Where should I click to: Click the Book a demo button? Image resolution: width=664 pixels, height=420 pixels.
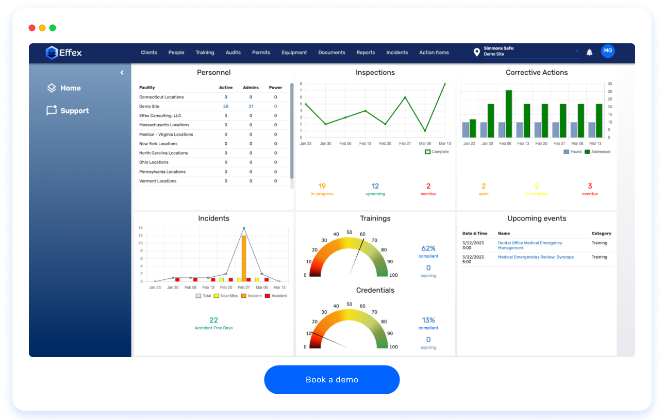click(x=331, y=380)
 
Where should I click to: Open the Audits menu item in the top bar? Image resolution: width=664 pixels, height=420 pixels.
click(x=233, y=53)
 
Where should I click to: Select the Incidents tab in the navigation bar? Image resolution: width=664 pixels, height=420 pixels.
click(x=397, y=53)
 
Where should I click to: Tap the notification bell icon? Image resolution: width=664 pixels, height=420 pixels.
click(x=590, y=52)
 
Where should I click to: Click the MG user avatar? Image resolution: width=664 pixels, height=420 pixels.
click(x=608, y=51)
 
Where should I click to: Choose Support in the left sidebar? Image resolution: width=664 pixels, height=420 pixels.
click(x=74, y=111)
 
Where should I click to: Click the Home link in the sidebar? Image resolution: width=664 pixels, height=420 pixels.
click(x=70, y=88)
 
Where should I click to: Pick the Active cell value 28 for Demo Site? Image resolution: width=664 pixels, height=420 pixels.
click(x=225, y=106)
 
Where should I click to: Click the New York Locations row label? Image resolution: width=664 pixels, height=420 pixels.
click(x=158, y=144)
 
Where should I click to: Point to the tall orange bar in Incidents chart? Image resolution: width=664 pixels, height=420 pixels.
click(x=244, y=258)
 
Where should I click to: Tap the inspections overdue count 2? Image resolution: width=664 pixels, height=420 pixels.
click(x=428, y=187)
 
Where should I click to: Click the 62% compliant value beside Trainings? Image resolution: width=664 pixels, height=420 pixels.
click(x=428, y=248)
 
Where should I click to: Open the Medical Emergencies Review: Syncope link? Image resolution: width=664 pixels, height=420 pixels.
click(x=535, y=257)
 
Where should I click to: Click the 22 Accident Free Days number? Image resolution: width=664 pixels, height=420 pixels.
click(x=213, y=321)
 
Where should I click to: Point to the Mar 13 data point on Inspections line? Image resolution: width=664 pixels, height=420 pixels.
click(x=445, y=84)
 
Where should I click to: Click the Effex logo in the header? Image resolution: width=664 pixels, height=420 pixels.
click(x=64, y=53)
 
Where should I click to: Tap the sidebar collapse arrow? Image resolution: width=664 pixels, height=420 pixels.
click(x=122, y=73)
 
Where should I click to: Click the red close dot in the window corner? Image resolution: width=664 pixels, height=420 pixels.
click(x=32, y=28)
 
